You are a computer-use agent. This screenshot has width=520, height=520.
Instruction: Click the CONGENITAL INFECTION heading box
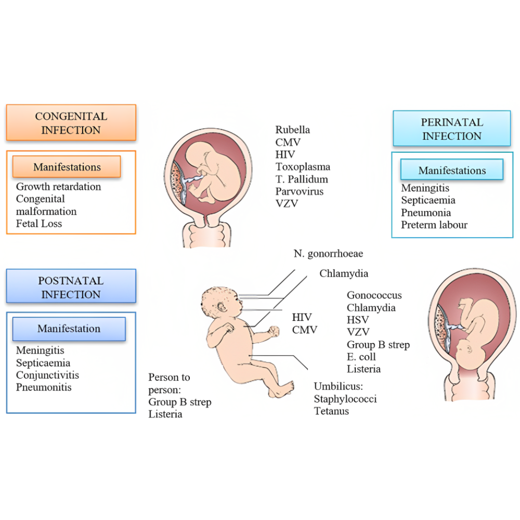(x=71, y=123)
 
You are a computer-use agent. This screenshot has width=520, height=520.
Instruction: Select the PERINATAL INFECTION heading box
(x=451, y=129)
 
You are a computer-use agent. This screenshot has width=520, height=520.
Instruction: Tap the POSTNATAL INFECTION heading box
(x=71, y=287)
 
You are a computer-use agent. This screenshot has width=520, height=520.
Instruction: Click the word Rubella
(x=293, y=129)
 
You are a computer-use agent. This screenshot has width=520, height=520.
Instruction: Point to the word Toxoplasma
(x=303, y=166)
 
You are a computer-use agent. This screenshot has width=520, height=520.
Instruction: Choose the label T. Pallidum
(x=302, y=179)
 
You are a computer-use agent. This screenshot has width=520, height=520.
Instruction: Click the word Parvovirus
(x=300, y=191)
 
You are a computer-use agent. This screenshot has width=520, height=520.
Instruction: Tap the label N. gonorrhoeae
(x=328, y=254)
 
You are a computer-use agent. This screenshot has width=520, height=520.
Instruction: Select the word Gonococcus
(x=374, y=295)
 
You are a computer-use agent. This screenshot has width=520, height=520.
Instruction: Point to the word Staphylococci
(x=345, y=399)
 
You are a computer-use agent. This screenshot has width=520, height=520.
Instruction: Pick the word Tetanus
(x=331, y=411)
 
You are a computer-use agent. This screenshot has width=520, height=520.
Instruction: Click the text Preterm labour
(x=434, y=225)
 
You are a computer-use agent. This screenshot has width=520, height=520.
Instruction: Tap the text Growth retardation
(x=59, y=186)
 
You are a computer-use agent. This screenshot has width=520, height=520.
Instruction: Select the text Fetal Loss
(x=39, y=224)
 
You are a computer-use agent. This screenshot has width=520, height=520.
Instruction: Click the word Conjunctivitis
(x=48, y=375)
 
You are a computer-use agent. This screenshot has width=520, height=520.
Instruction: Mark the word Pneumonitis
(x=44, y=387)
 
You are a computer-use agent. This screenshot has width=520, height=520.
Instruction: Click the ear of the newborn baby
(x=225, y=304)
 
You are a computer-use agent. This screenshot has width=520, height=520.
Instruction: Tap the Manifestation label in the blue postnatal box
(x=69, y=329)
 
